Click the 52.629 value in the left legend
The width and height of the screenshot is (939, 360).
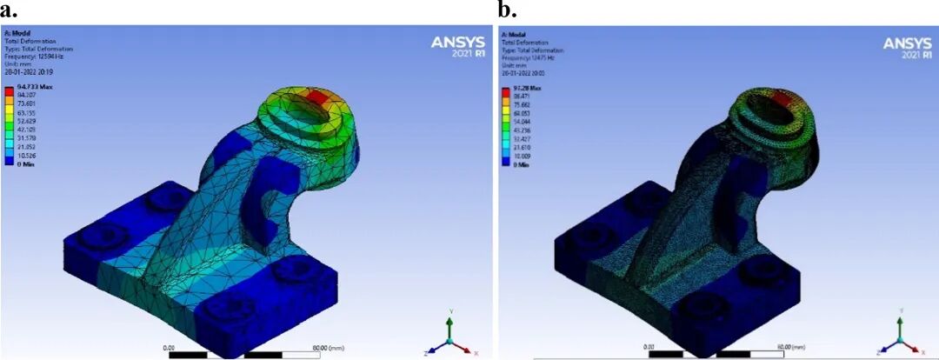27,122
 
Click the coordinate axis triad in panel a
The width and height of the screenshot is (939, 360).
449,336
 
